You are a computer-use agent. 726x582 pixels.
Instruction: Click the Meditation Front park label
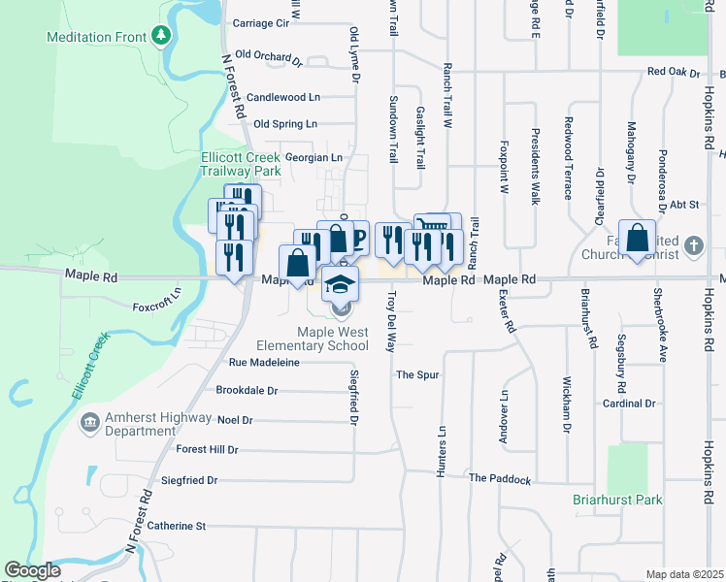95,37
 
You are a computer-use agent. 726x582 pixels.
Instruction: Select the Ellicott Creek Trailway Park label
241,163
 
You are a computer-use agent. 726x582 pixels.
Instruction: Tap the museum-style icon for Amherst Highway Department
90,422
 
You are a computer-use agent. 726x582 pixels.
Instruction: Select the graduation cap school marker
340,284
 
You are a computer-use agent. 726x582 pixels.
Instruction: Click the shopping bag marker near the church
637,239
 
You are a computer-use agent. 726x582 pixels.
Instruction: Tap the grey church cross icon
693,245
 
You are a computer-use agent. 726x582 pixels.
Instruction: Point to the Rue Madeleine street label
264,362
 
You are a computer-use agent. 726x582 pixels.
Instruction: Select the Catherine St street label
177,526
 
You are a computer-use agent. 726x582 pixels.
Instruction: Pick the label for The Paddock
500,479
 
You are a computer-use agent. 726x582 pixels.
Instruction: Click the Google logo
32,570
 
